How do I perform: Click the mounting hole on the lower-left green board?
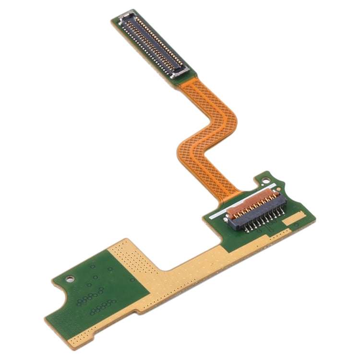[71, 277]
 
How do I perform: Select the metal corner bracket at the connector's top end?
[126, 18]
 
